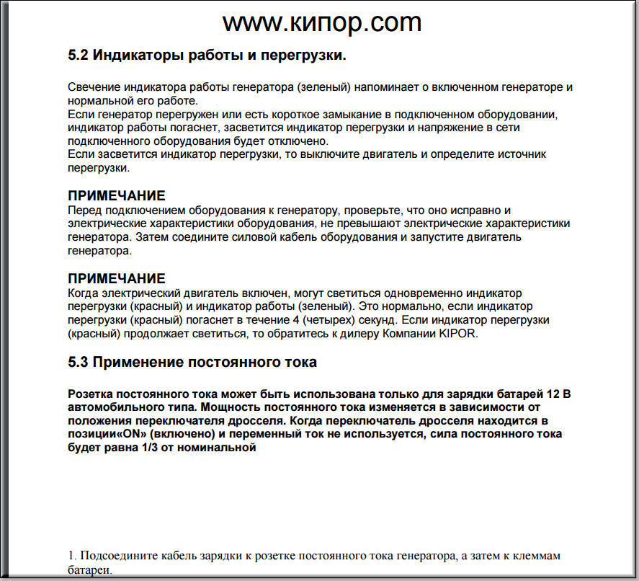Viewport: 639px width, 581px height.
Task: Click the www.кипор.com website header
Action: (x=321, y=22)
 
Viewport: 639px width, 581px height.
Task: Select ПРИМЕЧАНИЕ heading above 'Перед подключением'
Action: (x=117, y=196)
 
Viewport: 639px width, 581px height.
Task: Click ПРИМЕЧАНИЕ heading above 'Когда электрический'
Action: (x=117, y=279)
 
